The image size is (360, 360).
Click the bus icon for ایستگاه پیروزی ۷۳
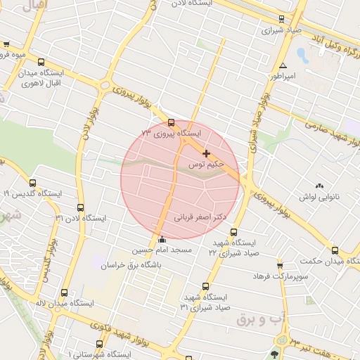(x=172, y=122)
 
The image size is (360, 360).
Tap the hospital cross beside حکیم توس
(x=206, y=153)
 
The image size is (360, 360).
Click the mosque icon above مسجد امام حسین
(x=163, y=238)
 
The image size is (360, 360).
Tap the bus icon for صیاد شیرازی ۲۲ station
(x=234, y=232)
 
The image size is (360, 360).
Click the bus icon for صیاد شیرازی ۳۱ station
(x=205, y=286)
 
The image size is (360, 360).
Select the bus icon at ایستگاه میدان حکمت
(x=335, y=250)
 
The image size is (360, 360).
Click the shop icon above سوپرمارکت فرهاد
(x=280, y=265)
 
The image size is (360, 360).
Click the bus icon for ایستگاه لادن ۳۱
(x=81, y=207)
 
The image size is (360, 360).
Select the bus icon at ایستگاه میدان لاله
(x=65, y=292)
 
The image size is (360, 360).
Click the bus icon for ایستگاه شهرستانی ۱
(x=98, y=345)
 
